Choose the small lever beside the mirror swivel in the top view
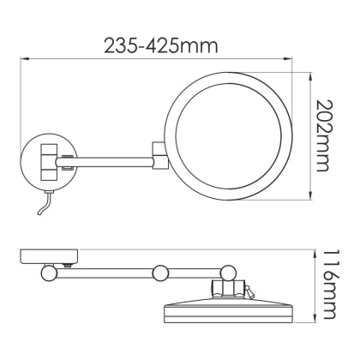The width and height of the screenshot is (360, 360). (x=250, y=291)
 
